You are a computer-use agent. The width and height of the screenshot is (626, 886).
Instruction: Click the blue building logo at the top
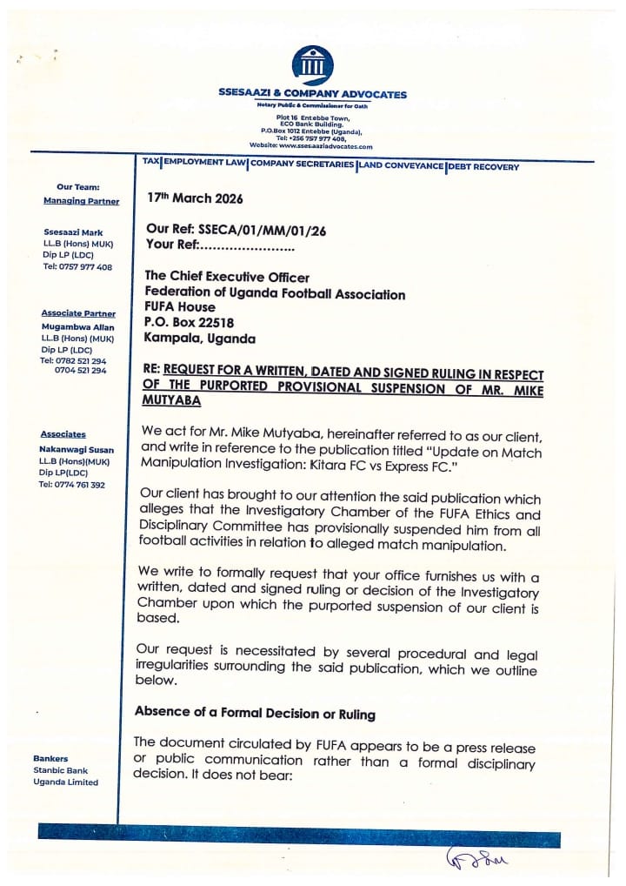312,65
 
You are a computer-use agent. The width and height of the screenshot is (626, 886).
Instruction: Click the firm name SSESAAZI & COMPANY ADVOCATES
312,95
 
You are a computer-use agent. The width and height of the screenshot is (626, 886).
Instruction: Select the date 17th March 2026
195,198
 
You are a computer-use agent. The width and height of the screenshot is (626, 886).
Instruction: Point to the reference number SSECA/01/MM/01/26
248,229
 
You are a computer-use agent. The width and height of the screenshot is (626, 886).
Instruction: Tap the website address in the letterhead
311,146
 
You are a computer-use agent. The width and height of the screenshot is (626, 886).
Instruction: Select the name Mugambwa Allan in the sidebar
79,326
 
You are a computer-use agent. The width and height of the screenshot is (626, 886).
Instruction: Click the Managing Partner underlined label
81,201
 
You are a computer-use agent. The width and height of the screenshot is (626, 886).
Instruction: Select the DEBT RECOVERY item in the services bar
483,166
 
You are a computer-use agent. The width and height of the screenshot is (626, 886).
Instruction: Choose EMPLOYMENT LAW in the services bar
204,164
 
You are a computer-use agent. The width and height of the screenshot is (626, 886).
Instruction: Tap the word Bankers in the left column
50,758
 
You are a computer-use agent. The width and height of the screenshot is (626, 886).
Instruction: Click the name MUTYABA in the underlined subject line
172,402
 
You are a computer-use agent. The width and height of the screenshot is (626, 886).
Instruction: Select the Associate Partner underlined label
78,313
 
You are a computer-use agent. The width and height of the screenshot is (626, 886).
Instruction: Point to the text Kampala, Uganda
200,338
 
